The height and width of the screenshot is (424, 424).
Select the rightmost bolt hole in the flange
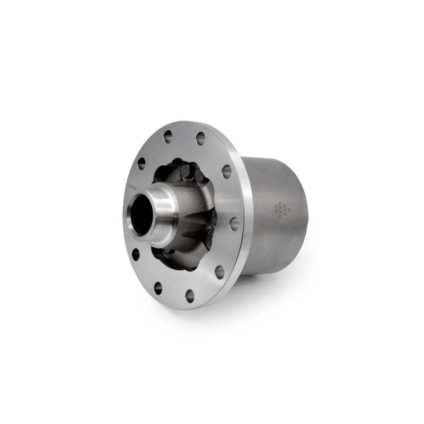pyautogui.click(x=234, y=223)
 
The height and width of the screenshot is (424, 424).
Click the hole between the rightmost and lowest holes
pyautogui.click(x=219, y=272)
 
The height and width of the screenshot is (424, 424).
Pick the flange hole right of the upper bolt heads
pyautogui.click(x=226, y=171)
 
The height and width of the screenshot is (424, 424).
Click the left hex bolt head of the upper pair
pyautogui.click(x=186, y=171)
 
